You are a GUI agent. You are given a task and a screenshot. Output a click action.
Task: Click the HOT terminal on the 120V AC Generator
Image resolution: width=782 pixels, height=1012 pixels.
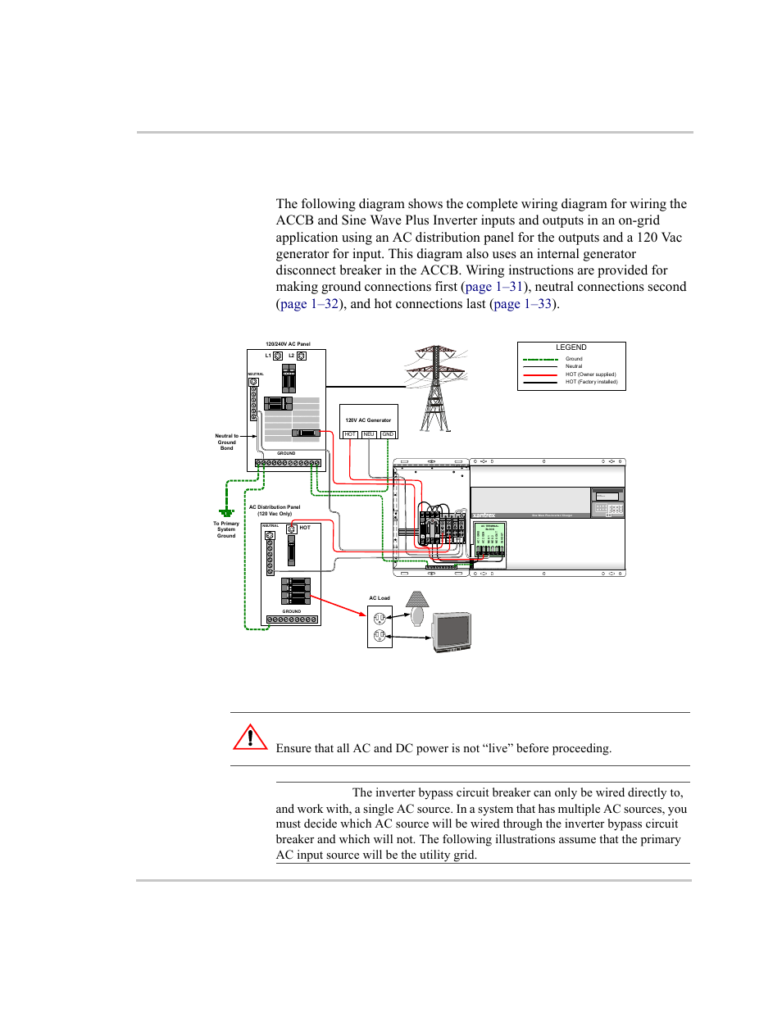[350, 434]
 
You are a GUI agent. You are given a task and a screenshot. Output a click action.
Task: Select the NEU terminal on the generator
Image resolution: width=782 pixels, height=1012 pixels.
[369, 434]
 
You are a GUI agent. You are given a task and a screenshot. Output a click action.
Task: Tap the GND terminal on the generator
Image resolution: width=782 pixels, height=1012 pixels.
[388, 434]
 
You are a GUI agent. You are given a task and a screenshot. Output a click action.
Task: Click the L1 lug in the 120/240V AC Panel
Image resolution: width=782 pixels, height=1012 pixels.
[278, 356]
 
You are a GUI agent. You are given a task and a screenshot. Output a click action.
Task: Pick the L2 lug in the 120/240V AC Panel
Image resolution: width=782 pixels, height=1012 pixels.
[302, 356]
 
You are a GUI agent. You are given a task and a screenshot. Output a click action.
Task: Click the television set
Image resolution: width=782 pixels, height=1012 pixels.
[452, 631]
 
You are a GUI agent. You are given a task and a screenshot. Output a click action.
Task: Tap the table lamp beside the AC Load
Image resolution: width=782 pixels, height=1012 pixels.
[417, 609]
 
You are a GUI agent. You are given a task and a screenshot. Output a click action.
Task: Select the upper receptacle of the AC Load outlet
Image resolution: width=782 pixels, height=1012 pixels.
[380, 619]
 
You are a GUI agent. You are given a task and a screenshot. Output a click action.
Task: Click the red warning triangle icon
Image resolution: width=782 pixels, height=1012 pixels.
[250, 737]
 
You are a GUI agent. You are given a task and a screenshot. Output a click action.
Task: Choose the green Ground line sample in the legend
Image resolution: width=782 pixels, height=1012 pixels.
[540, 359]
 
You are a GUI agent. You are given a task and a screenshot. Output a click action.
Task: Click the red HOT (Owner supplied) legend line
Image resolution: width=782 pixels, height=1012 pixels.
[540, 374]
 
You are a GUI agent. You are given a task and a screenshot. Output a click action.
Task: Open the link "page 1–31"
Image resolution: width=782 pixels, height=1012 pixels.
[493, 287]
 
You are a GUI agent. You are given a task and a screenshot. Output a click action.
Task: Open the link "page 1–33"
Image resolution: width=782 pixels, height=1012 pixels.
[522, 304]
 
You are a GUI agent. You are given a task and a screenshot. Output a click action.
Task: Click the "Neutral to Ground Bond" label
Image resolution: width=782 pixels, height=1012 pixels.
[226, 442]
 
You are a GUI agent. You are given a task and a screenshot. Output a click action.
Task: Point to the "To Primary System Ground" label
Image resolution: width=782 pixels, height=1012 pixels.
[226, 529]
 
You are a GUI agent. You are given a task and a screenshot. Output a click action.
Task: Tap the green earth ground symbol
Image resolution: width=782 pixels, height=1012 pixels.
[226, 512]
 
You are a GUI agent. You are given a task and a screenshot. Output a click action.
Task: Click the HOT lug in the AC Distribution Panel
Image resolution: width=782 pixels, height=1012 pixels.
[291, 529]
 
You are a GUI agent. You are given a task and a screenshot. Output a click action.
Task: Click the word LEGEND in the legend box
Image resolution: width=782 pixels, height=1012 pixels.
[571, 347]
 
